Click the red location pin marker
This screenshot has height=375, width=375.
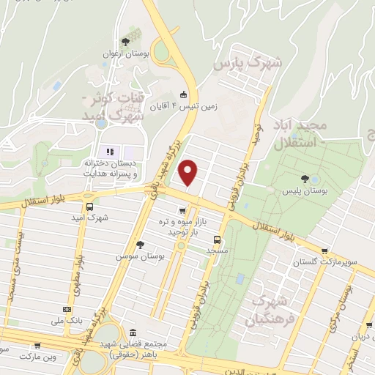(x=188, y=171)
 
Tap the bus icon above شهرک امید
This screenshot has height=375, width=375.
(x=89, y=207)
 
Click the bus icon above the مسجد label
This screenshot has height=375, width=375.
(x=217, y=239)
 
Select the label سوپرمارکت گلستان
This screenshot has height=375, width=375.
(x=316, y=261)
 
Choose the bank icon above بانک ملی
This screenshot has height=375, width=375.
(x=67, y=310)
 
